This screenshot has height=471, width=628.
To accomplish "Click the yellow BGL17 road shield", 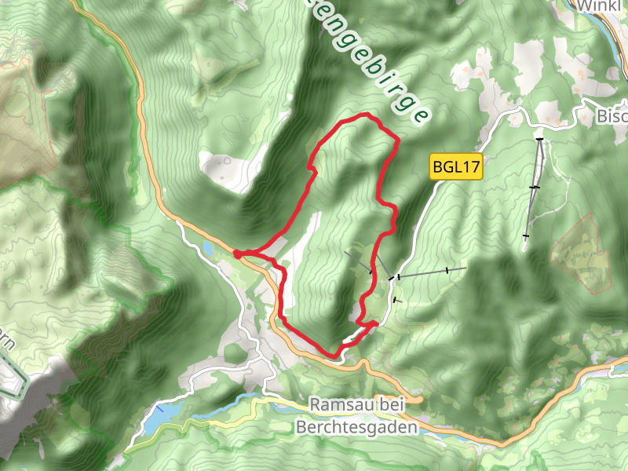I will (455, 167).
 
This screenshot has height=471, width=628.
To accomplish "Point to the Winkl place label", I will (602, 5).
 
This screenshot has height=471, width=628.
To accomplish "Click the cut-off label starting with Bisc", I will (612, 116).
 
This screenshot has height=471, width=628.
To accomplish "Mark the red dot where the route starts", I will (237, 254).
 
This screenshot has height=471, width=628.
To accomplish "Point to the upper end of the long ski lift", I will (540, 139).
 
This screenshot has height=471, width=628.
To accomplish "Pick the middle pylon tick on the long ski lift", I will (534, 187).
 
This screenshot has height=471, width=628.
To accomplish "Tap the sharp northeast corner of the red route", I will (397, 141).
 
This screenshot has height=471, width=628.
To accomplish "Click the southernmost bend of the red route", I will (336, 356).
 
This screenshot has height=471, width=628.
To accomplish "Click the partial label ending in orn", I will (6, 342).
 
